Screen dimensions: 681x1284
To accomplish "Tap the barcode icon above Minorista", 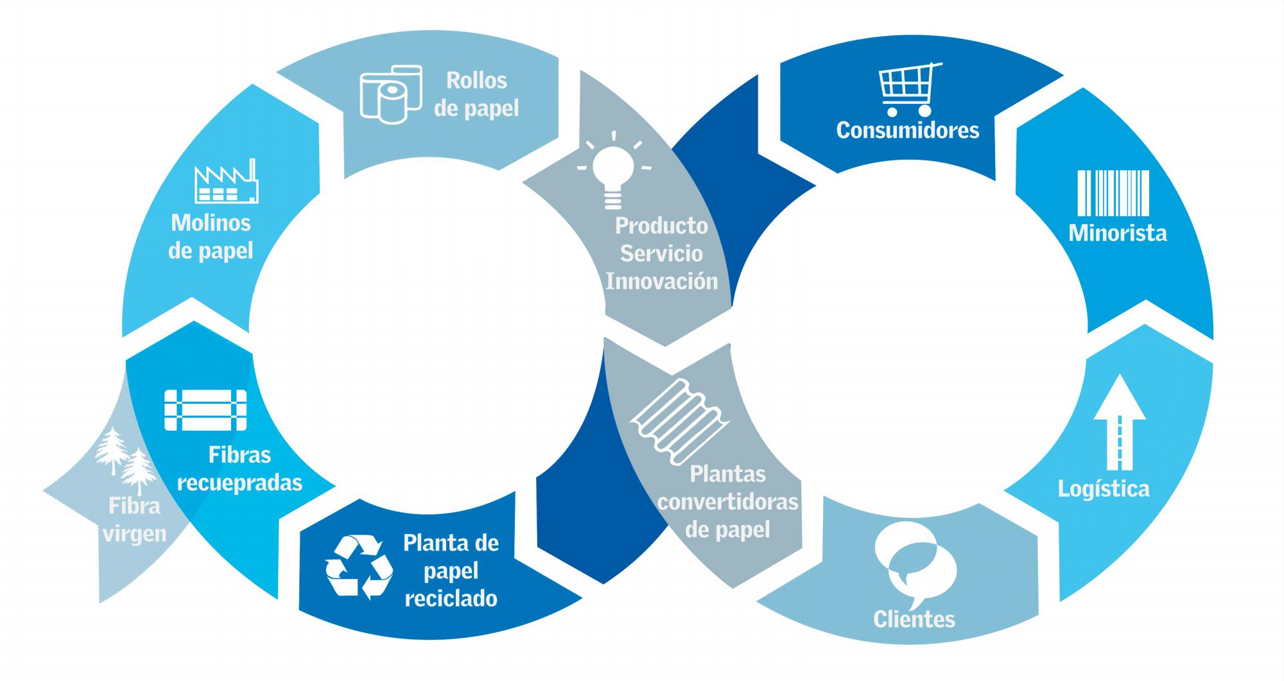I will [x=1113, y=193].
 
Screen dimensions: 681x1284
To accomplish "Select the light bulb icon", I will [x=614, y=171].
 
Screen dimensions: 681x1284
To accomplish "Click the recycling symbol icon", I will [x=359, y=567].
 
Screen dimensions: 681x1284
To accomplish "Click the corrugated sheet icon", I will [x=679, y=420].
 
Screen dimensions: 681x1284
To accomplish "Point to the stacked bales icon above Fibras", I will [x=205, y=409].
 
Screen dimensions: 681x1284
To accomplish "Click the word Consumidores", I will [x=908, y=130].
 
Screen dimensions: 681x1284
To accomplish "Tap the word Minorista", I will [x=1117, y=232].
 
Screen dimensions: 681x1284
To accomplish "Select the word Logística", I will [x=1104, y=489].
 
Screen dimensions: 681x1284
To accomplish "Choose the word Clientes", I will [x=914, y=619].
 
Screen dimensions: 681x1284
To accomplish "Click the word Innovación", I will [x=661, y=281].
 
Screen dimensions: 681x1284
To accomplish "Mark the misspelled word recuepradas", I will [x=239, y=483].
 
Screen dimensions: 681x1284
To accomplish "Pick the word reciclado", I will [x=451, y=598].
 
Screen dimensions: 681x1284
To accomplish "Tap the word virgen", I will [x=135, y=533].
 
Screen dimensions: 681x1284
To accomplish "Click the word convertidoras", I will [x=727, y=501].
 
